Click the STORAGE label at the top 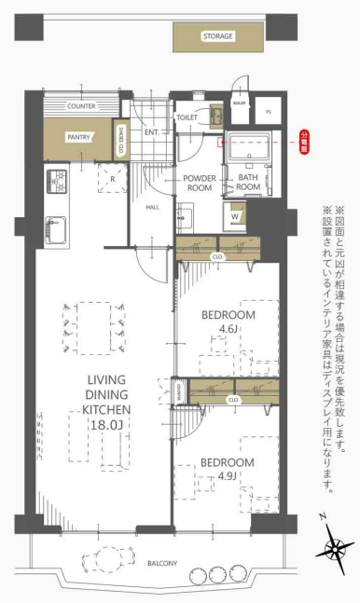coord(217,37)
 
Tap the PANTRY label coord(78,137)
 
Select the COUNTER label coord(82,107)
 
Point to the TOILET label coord(187,118)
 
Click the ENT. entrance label coord(152,132)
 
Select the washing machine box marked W coord(235,216)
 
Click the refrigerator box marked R coord(113,178)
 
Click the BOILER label coord(240,103)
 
